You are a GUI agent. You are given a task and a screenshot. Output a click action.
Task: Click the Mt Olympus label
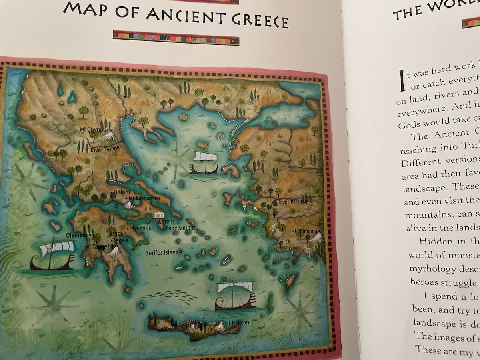94,130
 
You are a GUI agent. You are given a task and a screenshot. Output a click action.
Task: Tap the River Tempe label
105,150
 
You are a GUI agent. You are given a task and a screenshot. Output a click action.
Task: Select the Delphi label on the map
122,192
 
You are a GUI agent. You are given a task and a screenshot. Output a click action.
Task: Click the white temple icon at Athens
158,215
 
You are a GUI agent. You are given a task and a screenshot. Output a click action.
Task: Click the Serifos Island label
162,252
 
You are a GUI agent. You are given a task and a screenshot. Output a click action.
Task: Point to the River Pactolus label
293,201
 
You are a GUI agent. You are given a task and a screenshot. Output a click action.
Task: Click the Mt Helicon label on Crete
237,322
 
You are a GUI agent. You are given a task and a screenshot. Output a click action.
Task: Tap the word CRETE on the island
192,326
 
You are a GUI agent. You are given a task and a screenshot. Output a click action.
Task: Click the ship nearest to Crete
235,296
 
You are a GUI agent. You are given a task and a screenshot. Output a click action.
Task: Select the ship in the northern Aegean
204,162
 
